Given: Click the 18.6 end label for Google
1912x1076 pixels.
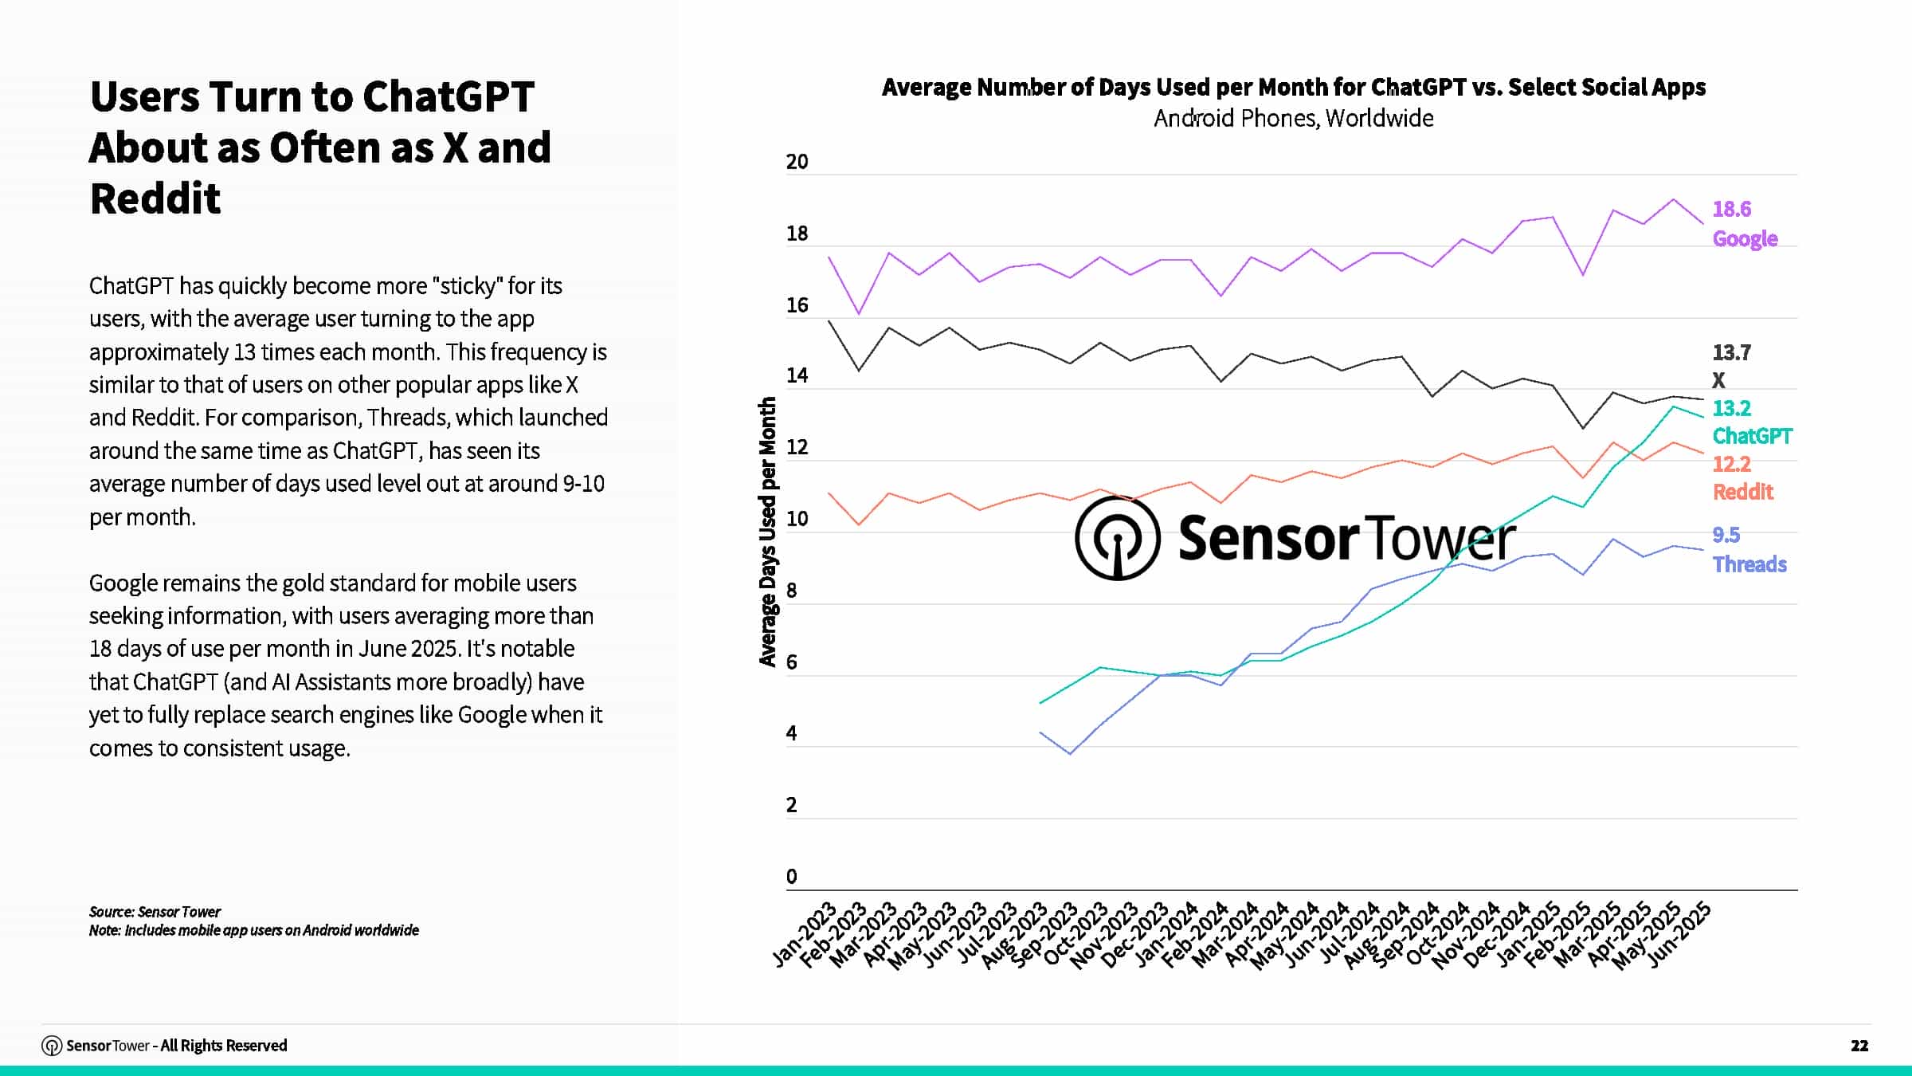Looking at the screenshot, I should [x=1731, y=209].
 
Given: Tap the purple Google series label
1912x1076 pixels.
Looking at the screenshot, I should [x=1745, y=238].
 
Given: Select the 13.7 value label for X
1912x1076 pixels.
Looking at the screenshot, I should [x=1731, y=352].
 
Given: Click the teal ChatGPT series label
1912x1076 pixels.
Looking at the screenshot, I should [x=1752, y=436].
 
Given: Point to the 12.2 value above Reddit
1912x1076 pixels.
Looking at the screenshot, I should [x=1731, y=464].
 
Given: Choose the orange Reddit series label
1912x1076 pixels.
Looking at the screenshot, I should [x=1742, y=492].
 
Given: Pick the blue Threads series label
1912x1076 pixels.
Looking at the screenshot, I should [x=1749, y=564].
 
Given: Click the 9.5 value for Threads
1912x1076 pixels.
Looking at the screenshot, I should [x=1726, y=535].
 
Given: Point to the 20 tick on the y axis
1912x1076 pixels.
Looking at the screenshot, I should [x=797, y=162].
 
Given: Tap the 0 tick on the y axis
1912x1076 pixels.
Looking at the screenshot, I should [x=791, y=877].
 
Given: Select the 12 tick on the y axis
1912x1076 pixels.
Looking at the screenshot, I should [x=797, y=447].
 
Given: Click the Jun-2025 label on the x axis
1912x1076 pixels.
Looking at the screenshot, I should [x=1679, y=934].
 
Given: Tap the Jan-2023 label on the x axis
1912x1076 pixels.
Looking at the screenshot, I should [x=805, y=934].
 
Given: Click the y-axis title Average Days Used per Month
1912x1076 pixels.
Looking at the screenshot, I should [x=767, y=532].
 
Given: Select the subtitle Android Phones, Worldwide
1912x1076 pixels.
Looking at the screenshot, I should [x=1293, y=119].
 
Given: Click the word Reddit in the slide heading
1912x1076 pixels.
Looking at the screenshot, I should [x=155, y=198].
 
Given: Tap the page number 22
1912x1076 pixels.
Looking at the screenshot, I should [x=1859, y=1046].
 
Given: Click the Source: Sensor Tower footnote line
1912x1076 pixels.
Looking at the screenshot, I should [x=155, y=912].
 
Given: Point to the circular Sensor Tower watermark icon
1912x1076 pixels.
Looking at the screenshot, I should [x=1117, y=538].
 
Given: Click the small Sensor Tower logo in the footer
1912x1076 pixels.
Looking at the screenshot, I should [x=52, y=1046].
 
